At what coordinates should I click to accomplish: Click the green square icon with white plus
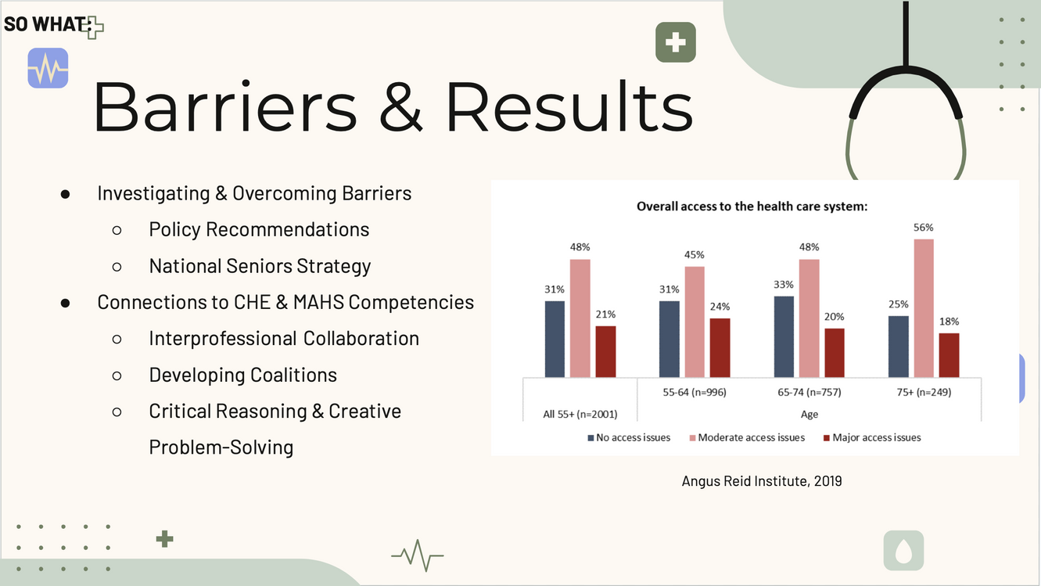(675, 41)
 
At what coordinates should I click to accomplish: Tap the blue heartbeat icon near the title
(48, 68)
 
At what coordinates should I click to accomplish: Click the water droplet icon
(903, 550)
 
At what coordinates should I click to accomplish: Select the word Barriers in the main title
(225, 106)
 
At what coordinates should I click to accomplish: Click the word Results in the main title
(569, 106)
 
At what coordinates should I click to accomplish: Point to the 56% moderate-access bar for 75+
(924, 308)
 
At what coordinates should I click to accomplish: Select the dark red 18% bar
(949, 355)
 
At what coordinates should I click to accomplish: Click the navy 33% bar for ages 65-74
(784, 336)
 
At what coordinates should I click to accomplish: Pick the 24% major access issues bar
(720, 347)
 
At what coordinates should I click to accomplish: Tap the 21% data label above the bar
(605, 315)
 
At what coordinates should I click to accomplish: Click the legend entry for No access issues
(629, 437)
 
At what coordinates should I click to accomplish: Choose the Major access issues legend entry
(872, 437)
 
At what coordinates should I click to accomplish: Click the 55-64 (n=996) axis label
(695, 392)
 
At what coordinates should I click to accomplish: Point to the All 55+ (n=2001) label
(580, 414)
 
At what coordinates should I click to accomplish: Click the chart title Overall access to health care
(752, 207)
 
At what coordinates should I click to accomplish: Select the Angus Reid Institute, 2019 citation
(762, 481)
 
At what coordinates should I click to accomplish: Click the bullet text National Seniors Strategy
(260, 266)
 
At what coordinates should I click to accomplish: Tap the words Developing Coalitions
(242, 375)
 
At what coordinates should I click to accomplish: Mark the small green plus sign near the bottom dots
(164, 539)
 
